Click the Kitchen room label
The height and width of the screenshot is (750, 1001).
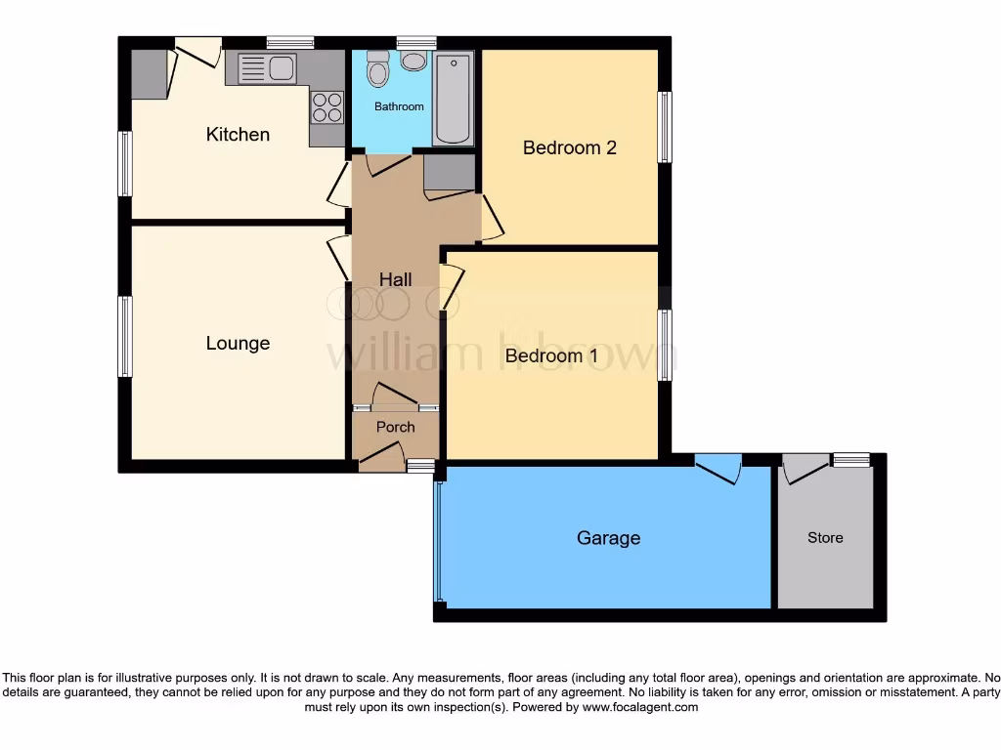(x=238, y=135)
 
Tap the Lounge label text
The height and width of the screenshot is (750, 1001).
(x=238, y=344)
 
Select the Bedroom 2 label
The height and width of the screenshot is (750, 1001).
(x=569, y=148)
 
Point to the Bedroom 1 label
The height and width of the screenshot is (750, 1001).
(x=550, y=356)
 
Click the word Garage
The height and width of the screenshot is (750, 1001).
(x=608, y=538)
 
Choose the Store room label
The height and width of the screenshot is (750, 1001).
(x=824, y=538)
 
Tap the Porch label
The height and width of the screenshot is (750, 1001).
(x=395, y=428)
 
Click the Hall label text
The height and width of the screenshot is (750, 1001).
(x=395, y=280)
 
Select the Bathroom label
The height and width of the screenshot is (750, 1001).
(x=399, y=106)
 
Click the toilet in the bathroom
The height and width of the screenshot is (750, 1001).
(x=377, y=70)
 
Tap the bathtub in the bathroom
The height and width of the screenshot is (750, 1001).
(x=453, y=99)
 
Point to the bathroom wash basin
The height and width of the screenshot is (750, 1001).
(x=413, y=62)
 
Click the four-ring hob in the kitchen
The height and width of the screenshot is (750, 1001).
(x=327, y=105)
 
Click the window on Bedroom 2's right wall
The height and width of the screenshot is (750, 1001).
(x=665, y=127)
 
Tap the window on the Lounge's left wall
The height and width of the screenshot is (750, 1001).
(x=125, y=336)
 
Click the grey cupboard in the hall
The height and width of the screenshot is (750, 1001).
(x=448, y=172)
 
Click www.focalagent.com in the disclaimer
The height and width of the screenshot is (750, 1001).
(x=639, y=707)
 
